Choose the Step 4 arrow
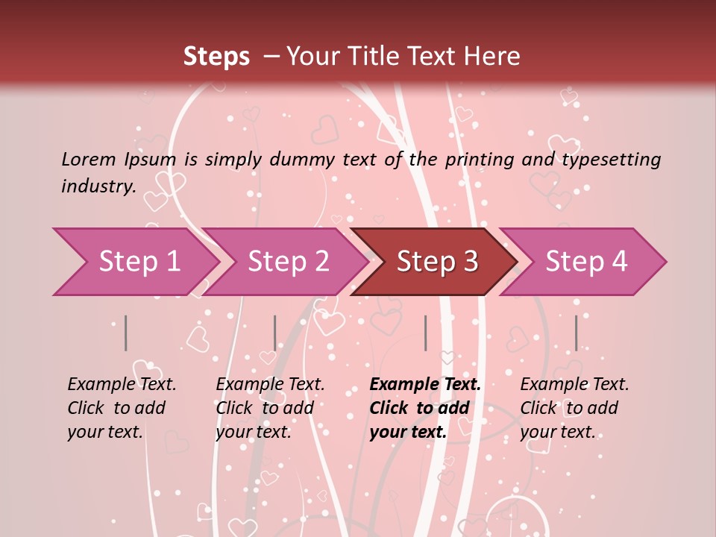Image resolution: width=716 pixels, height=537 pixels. [x=586, y=262]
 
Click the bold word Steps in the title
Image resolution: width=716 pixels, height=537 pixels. [x=216, y=57]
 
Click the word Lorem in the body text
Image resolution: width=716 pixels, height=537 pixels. [x=88, y=159]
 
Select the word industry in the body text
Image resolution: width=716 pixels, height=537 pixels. [x=98, y=186]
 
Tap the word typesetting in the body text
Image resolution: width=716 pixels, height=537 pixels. [x=611, y=160]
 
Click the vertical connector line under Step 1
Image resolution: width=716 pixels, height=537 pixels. [x=126, y=333]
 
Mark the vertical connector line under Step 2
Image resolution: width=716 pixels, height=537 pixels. [x=275, y=333]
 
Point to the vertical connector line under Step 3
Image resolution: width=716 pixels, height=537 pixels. [x=425, y=333]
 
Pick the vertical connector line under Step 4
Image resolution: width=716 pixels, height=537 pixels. [x=576, y=333]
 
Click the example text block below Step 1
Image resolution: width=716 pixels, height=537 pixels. [x=122, y=408]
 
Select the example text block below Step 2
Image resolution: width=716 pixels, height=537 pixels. [x=270, y=408]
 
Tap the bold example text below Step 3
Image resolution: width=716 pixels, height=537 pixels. [x=425, y=408]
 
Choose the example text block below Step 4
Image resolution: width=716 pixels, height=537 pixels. [x=574, y=408]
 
